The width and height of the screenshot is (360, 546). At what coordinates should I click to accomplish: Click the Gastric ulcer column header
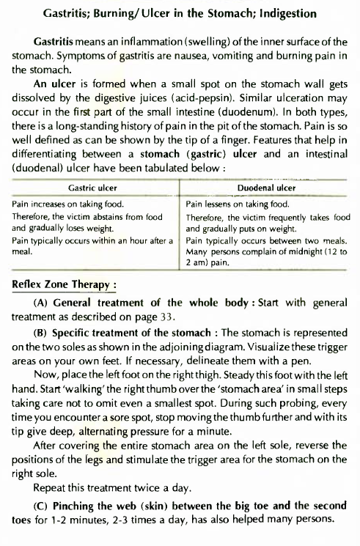coord(92,188)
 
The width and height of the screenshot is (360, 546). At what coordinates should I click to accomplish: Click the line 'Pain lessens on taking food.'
coord(238,206)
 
